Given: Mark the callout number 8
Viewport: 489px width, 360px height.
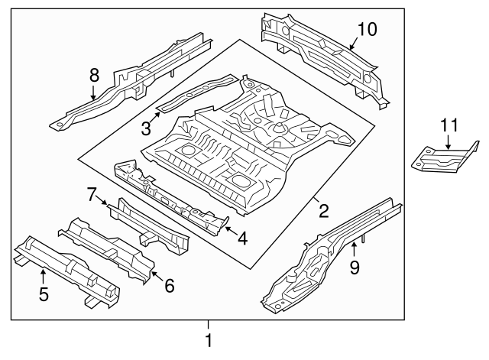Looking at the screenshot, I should pyautogui.click(x=93, y=75).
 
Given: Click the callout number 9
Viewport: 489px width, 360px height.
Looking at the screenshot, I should pyautogui.click(x=355, y=267).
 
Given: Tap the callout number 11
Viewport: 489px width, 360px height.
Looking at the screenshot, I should pyautogui.click(x=450, y=127).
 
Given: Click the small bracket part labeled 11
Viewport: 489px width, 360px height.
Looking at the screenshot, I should pyautogui.click(x=443, y=160).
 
